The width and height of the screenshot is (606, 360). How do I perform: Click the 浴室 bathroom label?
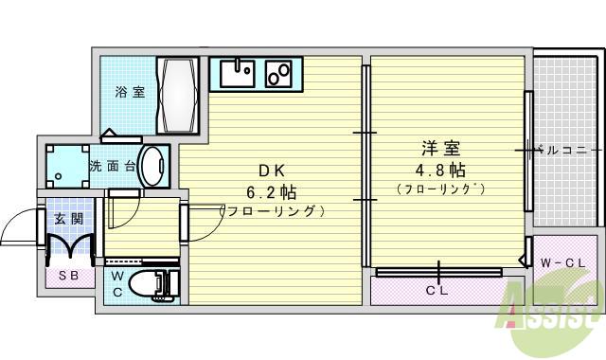tap(131, 93)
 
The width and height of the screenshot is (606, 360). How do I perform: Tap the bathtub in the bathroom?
tap(179, 95)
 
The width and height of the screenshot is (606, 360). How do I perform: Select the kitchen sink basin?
tap(239, 72)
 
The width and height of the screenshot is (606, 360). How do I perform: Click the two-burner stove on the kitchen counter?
tap(280, 72)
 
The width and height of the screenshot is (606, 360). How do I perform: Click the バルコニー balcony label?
tap(565, 150)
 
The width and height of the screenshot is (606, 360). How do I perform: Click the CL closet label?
tap(437, 291)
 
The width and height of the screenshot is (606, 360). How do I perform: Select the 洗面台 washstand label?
tap(113, 166)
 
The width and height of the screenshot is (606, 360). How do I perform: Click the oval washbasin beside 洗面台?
tap(151, 165)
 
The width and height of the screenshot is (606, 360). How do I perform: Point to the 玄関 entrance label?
tap(68, 218)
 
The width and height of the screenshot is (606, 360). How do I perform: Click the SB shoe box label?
tap(68, 276)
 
